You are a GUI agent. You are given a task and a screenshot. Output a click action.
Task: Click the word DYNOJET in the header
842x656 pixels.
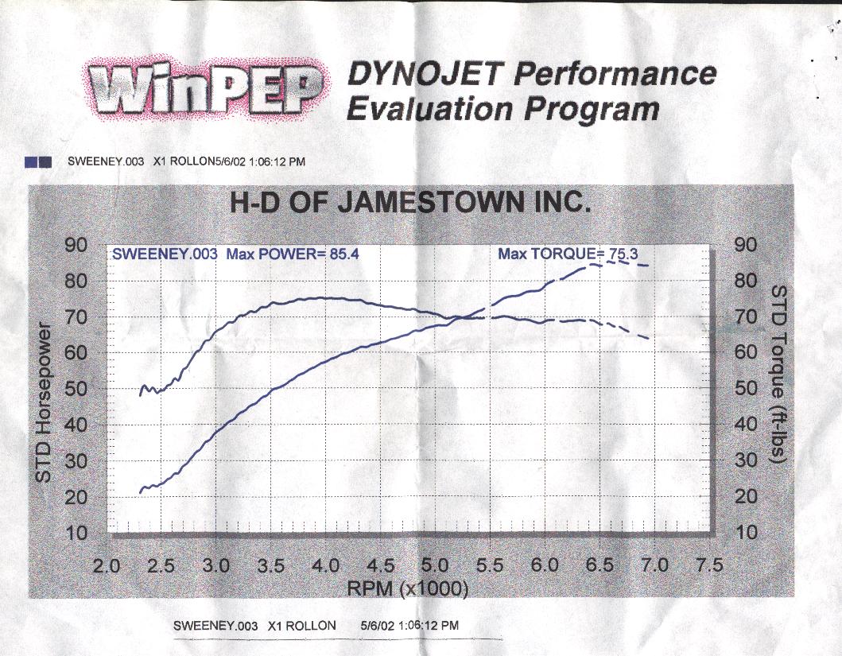[x=426, y=76]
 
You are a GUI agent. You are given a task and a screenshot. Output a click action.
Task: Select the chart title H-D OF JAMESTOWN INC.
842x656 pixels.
[x=410, y=203]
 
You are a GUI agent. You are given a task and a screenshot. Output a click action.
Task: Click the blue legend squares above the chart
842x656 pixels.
[x=38, y=161]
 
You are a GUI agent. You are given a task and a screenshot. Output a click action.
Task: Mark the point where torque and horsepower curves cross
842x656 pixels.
[x=460, y=318]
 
